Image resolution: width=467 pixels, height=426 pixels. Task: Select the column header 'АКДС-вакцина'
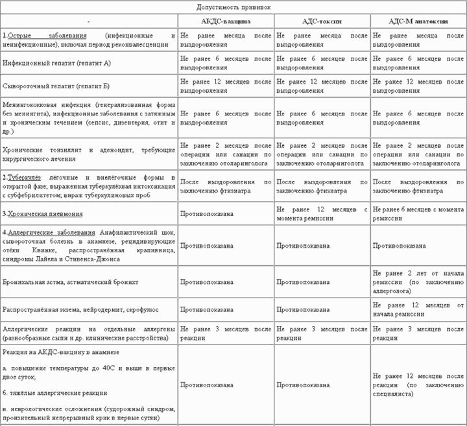226,21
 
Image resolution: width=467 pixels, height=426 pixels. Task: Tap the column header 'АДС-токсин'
322,21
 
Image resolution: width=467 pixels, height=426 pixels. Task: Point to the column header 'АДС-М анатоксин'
418,21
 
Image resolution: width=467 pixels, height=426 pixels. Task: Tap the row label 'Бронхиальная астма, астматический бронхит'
67,282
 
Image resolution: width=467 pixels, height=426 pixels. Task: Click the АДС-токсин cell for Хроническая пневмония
322,213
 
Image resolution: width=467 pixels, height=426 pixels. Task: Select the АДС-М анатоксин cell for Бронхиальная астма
418,282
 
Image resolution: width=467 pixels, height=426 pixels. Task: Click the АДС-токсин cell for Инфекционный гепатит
322,63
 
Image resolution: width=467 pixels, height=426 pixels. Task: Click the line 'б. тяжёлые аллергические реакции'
55,393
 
